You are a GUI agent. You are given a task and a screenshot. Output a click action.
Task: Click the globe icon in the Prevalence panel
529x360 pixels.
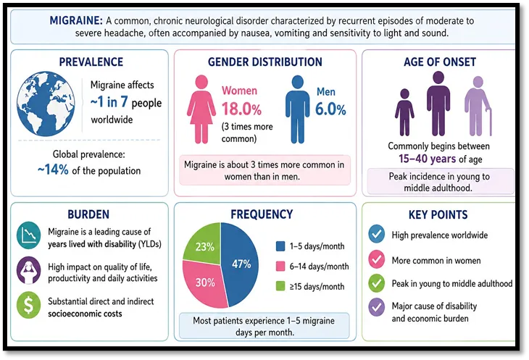tap(46, 104)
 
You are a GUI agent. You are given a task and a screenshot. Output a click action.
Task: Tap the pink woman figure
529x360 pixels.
tap(201, 109)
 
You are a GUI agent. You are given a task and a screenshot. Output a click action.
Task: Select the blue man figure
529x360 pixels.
tap(297, 109)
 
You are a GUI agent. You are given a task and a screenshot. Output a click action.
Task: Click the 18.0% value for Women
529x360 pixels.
tap(241, 109)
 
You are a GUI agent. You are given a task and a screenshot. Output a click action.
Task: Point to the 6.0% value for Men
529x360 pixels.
tap(330, 109)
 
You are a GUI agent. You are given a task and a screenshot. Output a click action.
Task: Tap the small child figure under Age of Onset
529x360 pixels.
tap(404, 112)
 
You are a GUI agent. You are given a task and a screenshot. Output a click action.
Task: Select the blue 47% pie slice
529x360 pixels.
tap(240, 264)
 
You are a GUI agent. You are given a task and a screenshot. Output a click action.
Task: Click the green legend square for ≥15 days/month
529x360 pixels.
tap(280, 286)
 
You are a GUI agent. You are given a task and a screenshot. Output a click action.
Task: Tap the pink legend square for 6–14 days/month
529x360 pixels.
tap(280, 267)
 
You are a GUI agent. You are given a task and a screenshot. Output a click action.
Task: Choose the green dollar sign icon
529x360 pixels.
tap(29, 305)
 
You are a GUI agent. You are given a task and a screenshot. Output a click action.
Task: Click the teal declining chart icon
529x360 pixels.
tap(29, 235)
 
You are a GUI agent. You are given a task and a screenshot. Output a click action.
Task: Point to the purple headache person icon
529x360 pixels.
tap(29, 270)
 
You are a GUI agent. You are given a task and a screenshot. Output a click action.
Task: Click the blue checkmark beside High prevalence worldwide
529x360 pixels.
tap(377, 234)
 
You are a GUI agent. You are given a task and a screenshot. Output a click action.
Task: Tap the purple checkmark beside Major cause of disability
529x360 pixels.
tap(377, 307)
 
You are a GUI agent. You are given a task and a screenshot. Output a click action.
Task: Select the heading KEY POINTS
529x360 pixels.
tap(438, 214)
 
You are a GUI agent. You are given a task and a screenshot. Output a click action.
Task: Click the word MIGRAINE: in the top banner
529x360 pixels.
tap(76, 20)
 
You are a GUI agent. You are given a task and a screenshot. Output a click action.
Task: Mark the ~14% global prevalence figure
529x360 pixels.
tap(53, 169)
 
